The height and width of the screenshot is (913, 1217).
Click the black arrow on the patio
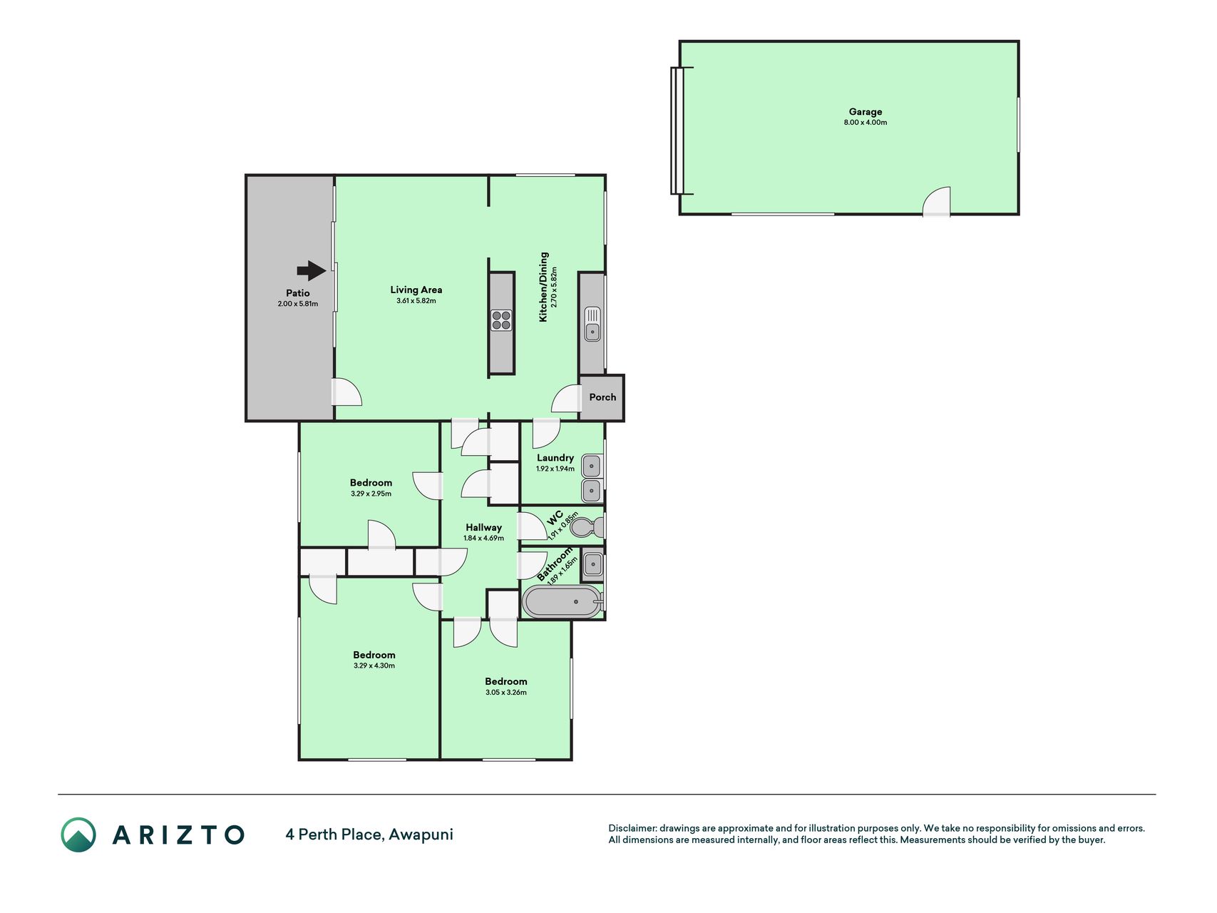pyautogui.click(x=312, y=270)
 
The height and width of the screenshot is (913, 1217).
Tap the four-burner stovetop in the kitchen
pyautogui.click(x=501, y=320)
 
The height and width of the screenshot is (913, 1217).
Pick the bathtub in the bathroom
pyautogui.click(x=563, y=602)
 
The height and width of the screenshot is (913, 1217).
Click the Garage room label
pyautogui.click(x=866, y=111)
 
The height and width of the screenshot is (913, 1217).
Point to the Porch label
pyautogui.click(x=602, y=397)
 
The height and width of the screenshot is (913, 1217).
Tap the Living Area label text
pyautogui.click(x=416, y=290)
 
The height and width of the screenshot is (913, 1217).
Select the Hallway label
pyautogui.click(x=484, y=527)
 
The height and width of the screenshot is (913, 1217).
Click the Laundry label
pyautogui.click(x=555, y=458)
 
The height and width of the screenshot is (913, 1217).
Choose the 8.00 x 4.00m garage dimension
pyautogui.click(x=866, y=123)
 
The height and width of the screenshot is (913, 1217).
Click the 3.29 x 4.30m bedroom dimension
pyautogui.click(x=374, y=665)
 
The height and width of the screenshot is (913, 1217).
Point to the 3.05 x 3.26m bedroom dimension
pyautogui.click(x=506, y=692)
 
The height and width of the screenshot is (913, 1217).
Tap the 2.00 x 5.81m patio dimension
pyautogui.click(x=298, y=304)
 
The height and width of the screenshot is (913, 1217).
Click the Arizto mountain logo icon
pyautogui.click(x=78, y=835)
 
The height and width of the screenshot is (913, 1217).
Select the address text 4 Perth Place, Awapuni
pyautogui.click(x=369, y=834)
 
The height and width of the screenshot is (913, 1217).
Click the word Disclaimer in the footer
pyautogui.click(x=632, y=828)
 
